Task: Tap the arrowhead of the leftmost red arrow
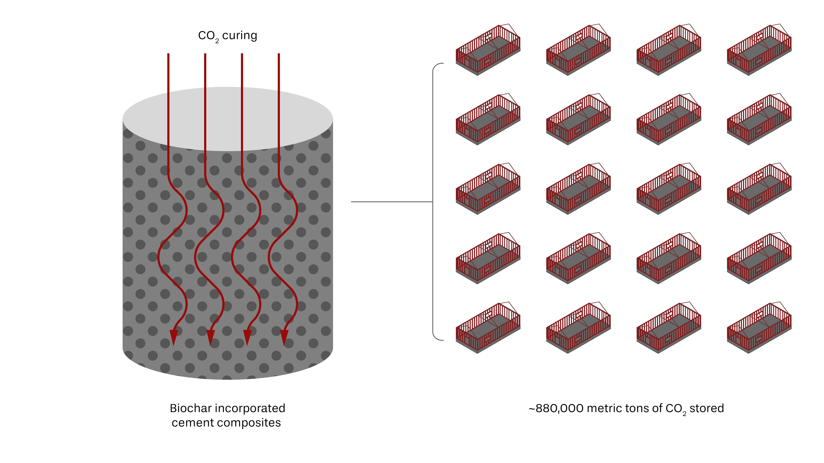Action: pyautogui.click(x=174, y=337)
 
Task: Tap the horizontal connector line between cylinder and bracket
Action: pyautogui.click(x=392, y=202)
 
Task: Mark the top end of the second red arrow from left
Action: pyautogui.click(x=205, y=54)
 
